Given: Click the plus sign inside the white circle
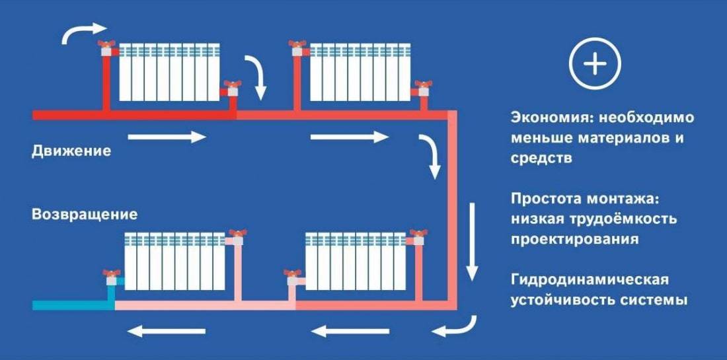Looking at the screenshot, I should (595, 63).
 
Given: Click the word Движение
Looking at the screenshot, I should (71, 151).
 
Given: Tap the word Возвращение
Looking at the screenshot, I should (85, 215).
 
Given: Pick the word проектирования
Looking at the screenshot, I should (574, 239).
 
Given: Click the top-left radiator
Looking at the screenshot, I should (169, 72).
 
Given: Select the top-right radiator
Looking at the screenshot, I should (359, 72).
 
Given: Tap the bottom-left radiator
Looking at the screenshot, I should (175, 261).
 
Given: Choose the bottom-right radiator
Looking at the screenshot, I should (356, 261).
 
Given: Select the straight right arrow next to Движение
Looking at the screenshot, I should (167, 137).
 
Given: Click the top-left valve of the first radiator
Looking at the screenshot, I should (106, 47).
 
